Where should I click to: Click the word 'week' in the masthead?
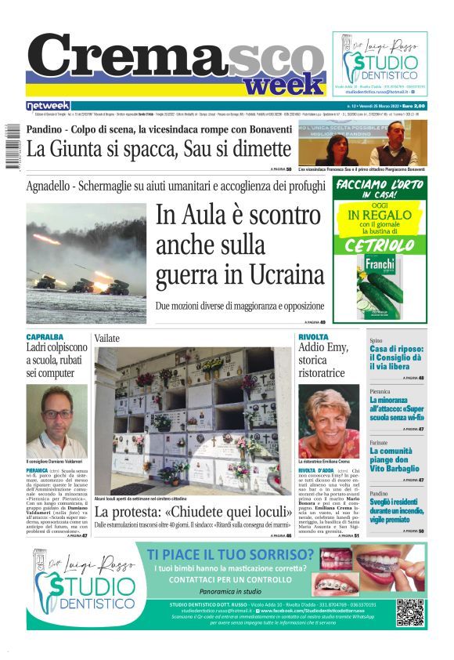coord(288,83)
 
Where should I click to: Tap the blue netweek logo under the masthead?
coord(48,106)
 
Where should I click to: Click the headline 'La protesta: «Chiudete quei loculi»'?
coord(186,513)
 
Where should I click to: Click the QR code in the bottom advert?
coord(410,612)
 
